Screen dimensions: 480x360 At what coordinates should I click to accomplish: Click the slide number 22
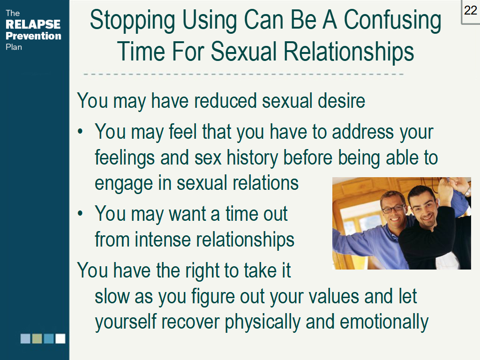coord(470,10)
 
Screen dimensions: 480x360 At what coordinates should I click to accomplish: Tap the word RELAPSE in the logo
coord(33,24)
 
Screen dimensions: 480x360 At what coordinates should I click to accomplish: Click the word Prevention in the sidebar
coord(33,36)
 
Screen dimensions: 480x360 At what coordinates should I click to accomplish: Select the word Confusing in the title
coord(392,21)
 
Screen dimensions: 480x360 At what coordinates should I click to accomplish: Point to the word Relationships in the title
coord(349,52)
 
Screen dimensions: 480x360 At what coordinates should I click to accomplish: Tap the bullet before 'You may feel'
coord(80,132)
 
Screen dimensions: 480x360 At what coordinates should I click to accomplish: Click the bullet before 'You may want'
coord(80,214)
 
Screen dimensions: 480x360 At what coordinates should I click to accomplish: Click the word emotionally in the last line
coord(384,322)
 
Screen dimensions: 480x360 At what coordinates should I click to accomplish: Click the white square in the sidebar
coord(60,338)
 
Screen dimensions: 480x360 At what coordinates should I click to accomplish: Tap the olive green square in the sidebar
coord(37,338)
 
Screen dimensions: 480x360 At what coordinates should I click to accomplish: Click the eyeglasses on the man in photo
coord(393,209)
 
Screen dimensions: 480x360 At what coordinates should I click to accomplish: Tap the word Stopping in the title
coord(132,21)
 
